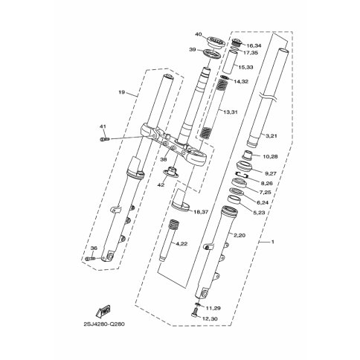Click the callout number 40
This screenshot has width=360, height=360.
199,34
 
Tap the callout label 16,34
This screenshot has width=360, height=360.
254,45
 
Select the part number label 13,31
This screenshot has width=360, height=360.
231,112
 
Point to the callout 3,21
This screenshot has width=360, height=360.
271,135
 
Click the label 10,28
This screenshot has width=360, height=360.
270,156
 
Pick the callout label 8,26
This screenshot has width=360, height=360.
266,183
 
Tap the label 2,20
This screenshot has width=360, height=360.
240,235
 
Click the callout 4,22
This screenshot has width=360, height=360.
181,244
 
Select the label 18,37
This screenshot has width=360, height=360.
201,212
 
